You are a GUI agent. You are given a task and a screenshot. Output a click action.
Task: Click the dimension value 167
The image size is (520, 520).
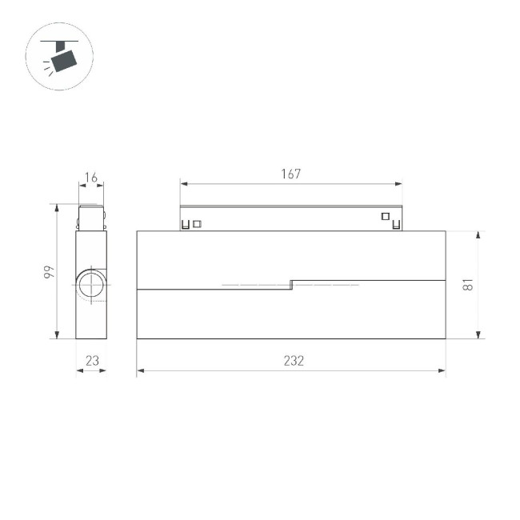point(290,174)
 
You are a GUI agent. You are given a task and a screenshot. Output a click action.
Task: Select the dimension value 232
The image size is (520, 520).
point(294,361)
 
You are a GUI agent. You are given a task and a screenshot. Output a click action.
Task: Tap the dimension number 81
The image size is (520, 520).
point(470,285)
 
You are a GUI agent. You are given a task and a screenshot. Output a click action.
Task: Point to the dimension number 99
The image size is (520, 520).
point(49,272)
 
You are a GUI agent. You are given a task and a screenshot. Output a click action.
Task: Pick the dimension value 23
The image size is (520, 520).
point(92,361)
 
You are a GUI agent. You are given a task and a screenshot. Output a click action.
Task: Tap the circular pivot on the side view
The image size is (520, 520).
point(91,285)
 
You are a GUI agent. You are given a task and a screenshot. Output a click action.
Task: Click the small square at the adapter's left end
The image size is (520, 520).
point(198,224)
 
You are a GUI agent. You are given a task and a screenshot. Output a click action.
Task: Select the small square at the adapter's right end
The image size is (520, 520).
point(384,215)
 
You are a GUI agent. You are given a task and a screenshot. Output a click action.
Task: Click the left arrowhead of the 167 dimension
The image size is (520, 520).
point(182,184)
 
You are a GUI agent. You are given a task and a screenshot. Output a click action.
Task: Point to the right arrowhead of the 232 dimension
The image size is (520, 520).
point(442,371)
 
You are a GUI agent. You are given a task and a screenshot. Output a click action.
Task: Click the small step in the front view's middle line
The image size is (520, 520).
point(291,284)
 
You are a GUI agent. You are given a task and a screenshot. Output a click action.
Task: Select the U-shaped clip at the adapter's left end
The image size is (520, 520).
point(186,225)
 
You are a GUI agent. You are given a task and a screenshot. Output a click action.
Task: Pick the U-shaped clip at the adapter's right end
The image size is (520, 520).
point(395,225)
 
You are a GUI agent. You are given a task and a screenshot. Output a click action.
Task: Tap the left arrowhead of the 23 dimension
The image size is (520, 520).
point(79,371)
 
